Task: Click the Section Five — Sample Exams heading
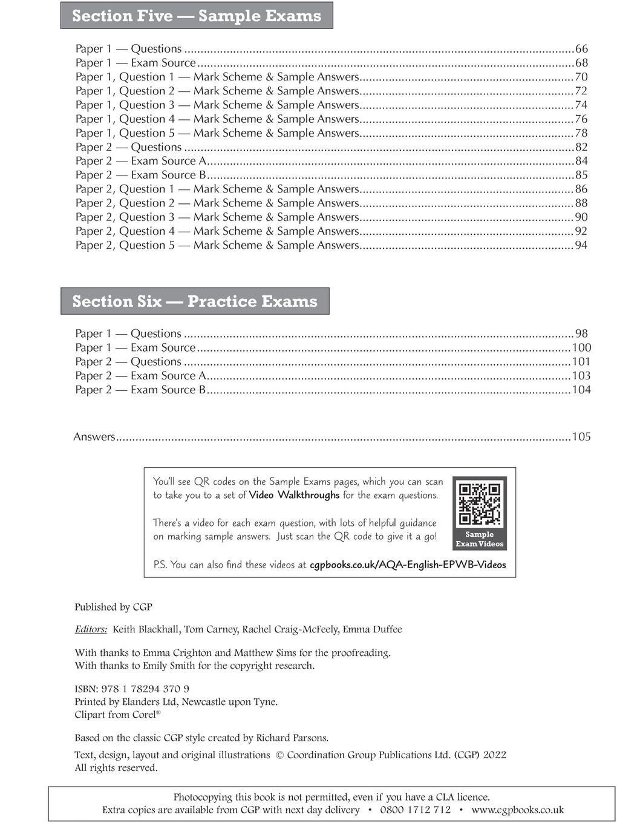[197, 16]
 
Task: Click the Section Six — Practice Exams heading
[195, 301]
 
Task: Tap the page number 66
[581, 49]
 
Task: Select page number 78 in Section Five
[581, 133]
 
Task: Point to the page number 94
[581, 245]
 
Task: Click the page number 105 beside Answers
[581, 437]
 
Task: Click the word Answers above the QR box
[94, 437]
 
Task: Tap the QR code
[479, 503]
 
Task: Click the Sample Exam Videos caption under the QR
[479, 539]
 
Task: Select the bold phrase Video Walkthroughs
[294, 495]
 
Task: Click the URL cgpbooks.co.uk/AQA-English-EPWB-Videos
[408, 565]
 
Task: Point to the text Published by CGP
[113, 607]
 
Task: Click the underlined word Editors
[91, 629]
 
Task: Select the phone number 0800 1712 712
[415, 810]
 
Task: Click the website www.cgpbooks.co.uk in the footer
[517, 810]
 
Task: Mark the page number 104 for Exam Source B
[581, 390]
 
